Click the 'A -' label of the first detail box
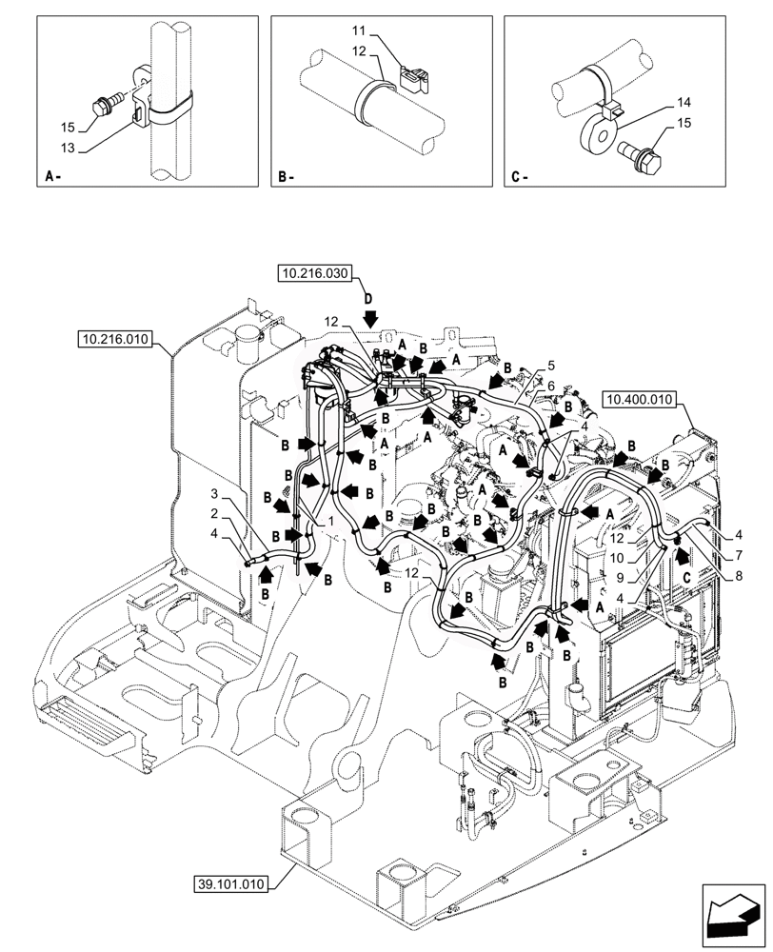coord(53,176)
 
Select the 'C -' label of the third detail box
coord(519,176)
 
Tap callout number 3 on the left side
coord(216,495)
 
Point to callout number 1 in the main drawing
coord(330,523)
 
